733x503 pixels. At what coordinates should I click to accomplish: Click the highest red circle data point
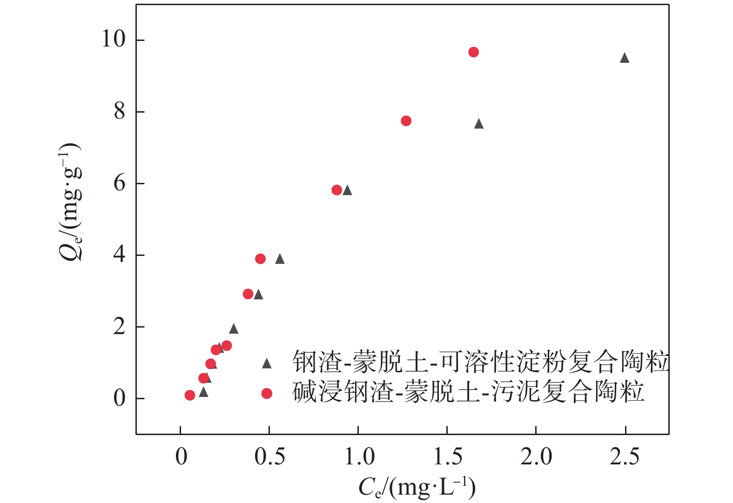tap(473, 52)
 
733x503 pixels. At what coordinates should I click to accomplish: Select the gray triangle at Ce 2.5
tap(625, 58)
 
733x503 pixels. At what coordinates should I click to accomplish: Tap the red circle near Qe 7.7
tap(406, 121)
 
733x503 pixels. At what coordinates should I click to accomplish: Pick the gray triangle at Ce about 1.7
tap(479, 124)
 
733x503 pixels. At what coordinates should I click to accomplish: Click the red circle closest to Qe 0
tap(190, 395)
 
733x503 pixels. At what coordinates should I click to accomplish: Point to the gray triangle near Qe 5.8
tap(347, 190)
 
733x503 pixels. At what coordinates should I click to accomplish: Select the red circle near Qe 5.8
tap(337, 190)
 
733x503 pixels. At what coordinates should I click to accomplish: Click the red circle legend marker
tap(267, 394)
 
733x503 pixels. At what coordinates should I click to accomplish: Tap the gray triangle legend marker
tap(267, 363)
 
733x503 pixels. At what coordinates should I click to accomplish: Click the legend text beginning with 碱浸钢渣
tap(468, 392)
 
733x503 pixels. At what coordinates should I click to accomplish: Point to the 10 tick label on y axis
tap(114, 39)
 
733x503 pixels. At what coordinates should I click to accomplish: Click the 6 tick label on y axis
tap(120, 183)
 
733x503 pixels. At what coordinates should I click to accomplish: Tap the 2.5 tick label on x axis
tap(625, 457)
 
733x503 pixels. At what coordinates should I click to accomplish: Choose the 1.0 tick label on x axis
tap(359, 457)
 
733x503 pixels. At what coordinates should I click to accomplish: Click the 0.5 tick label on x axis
tap(270, 457)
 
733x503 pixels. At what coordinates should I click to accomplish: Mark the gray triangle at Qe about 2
tap(234, 329)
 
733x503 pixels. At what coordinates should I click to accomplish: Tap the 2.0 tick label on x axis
tap(536, 457)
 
